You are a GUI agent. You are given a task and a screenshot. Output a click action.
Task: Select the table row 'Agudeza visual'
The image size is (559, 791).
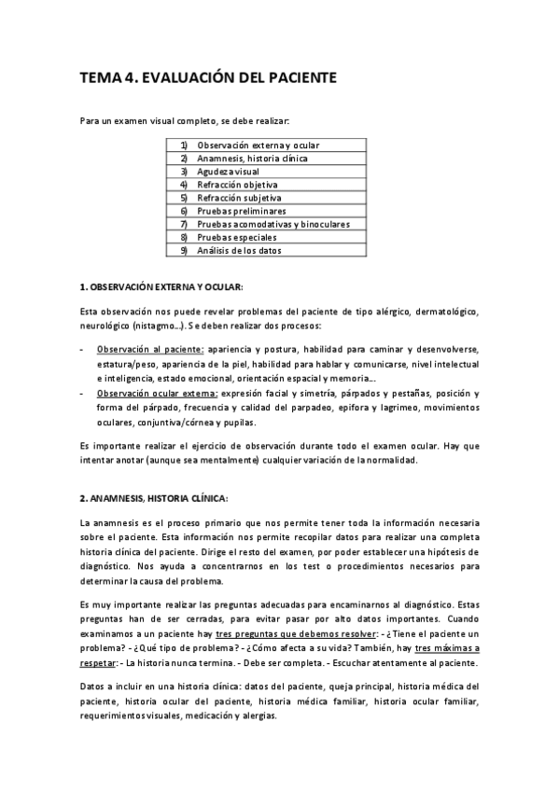pos(227,173)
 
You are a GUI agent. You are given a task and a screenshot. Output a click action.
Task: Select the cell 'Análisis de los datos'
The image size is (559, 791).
pos(239,251)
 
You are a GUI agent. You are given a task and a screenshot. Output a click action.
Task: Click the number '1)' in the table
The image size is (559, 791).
pos(184,146)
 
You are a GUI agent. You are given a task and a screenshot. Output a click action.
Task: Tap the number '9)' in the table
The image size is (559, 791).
pos(184,251)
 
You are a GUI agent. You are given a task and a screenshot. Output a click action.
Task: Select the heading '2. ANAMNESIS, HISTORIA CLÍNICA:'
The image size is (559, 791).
pos(154,497)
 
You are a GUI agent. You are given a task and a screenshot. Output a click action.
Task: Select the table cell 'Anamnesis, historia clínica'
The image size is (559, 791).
pos(252,160)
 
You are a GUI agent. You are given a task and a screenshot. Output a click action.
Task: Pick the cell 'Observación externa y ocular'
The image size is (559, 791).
pos(258,146)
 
